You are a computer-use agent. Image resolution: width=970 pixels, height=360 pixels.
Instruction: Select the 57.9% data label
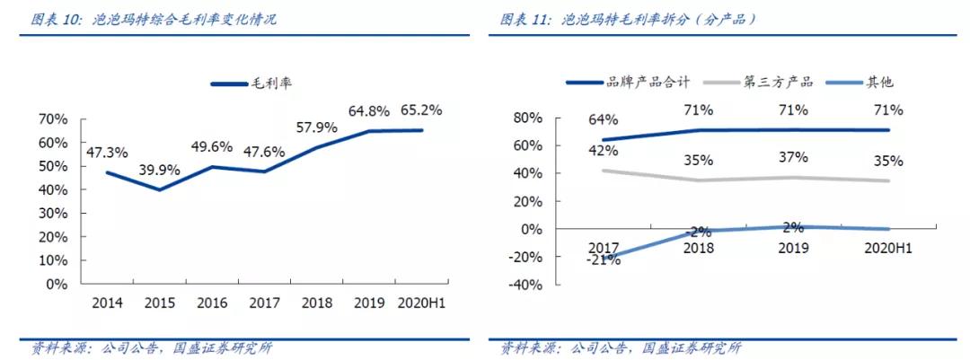coord(317,127)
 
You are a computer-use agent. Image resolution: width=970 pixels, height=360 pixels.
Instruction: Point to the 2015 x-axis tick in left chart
coord(161,303)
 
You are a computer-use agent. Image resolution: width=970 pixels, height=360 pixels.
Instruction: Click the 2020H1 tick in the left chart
coord(421,303)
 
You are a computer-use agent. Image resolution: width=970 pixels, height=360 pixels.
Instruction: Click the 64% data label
coord(604,119)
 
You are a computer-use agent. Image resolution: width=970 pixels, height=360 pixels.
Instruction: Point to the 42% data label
coord(604,151)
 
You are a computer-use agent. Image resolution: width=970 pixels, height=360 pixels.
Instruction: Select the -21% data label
coord(604,260)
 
